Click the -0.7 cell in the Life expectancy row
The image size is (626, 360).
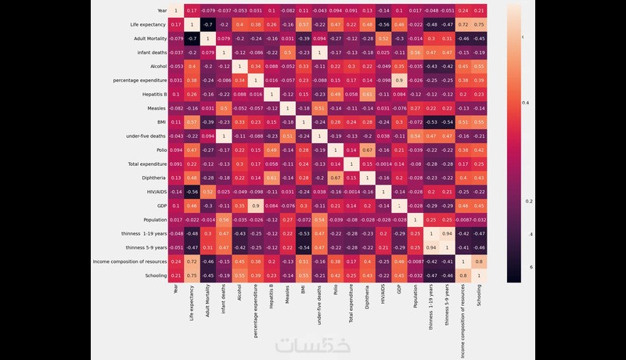(x=207, y=25)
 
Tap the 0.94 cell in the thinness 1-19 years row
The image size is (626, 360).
(x=447, y=233)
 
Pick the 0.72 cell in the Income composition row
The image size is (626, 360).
(x=191, y=261)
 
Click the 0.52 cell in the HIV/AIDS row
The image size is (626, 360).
(x=207, y=192)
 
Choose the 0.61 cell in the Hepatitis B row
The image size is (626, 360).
(x=367, y=94)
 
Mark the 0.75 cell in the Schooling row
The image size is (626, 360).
(x=191, y=275)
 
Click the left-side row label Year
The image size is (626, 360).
(x=161, y=11)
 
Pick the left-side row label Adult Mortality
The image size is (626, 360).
(x=147, y=39)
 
